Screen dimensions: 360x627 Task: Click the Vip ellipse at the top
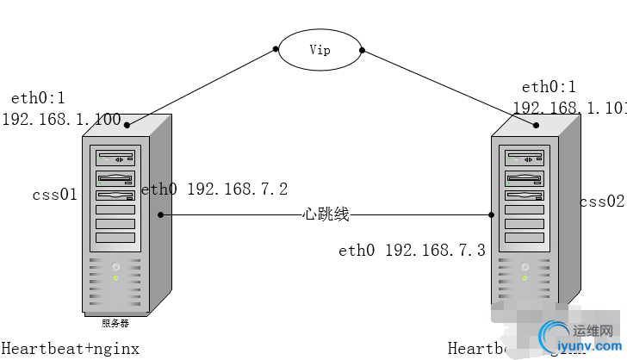320,50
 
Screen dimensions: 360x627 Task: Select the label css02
601,202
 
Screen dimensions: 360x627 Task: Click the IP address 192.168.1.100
62,120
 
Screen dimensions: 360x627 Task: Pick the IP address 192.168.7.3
435,251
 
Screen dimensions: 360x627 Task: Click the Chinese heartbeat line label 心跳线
326,214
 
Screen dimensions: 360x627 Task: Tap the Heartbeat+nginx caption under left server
70,347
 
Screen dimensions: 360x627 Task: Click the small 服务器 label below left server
115,323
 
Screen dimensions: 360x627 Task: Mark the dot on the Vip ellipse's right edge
362,50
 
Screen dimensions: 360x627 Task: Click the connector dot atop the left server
127,126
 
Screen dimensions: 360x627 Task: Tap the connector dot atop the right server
537,126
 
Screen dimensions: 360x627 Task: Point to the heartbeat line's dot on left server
161,214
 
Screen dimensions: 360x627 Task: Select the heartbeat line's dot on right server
492,214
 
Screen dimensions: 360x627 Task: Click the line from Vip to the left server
202,88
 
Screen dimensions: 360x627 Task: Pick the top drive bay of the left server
115,158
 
